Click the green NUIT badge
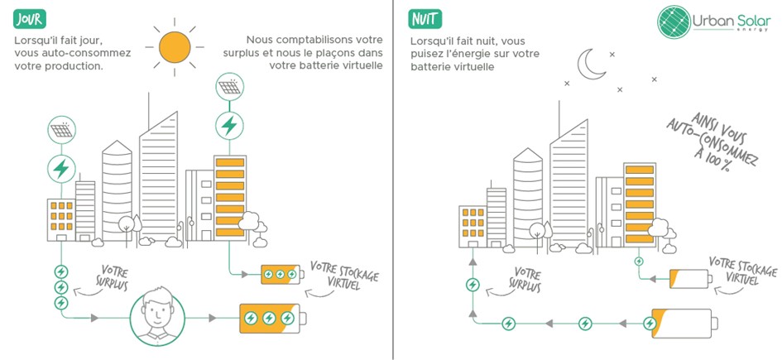point(428,17)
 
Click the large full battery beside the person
point(271,319)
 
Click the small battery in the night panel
point(691,281)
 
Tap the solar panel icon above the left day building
point(60,131)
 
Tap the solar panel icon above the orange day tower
point(228,86)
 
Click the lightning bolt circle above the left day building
point(60,168)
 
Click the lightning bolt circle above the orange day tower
point(228,126)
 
